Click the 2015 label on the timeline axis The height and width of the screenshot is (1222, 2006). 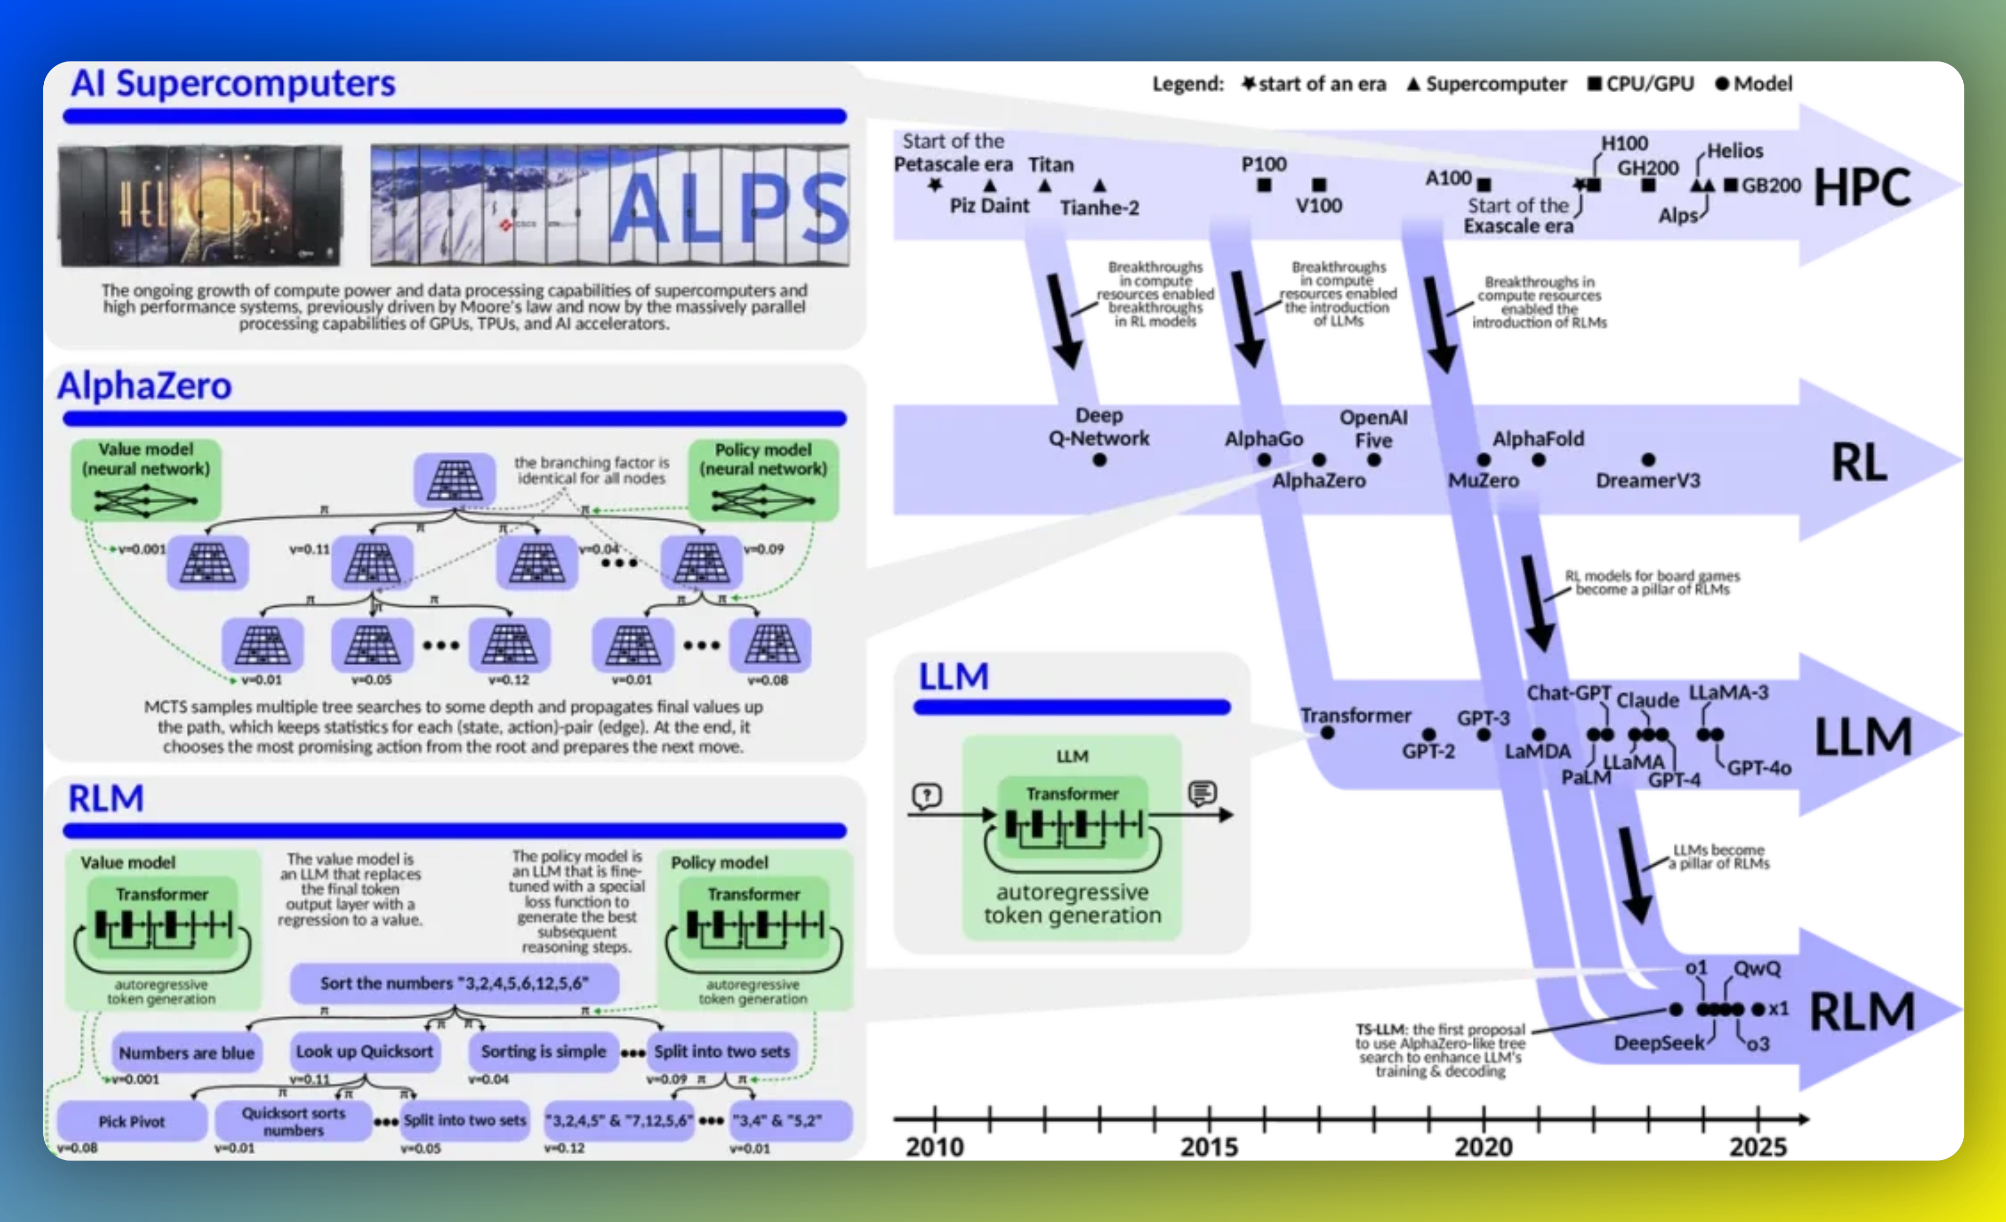pos(1209,1146)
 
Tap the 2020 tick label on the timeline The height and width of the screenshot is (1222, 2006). pos(1483,1146)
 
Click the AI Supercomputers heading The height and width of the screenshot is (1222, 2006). pos(233,84)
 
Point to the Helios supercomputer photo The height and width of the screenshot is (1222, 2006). pos(200,205)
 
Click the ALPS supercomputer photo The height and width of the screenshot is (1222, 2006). pos(610,205)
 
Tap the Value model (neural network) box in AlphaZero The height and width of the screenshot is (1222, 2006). pos(146,480)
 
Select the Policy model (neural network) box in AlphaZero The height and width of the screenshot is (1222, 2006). pos(763,480)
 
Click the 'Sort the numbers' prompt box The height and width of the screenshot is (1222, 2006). pos(454,982)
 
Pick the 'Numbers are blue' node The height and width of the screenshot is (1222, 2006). pos(186,1052)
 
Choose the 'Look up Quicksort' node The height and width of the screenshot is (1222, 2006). pos(364,1051)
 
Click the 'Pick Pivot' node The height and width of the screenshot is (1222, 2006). pos(131,1121)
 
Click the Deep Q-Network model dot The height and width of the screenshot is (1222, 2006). pos(1099,460)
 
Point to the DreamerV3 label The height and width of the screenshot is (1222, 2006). pos(1648,480)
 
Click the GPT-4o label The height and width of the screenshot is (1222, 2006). pos(1759,768)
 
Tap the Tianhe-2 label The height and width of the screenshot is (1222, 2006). pos(1099,208)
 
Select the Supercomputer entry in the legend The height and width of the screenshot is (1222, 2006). pos(1487,84)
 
